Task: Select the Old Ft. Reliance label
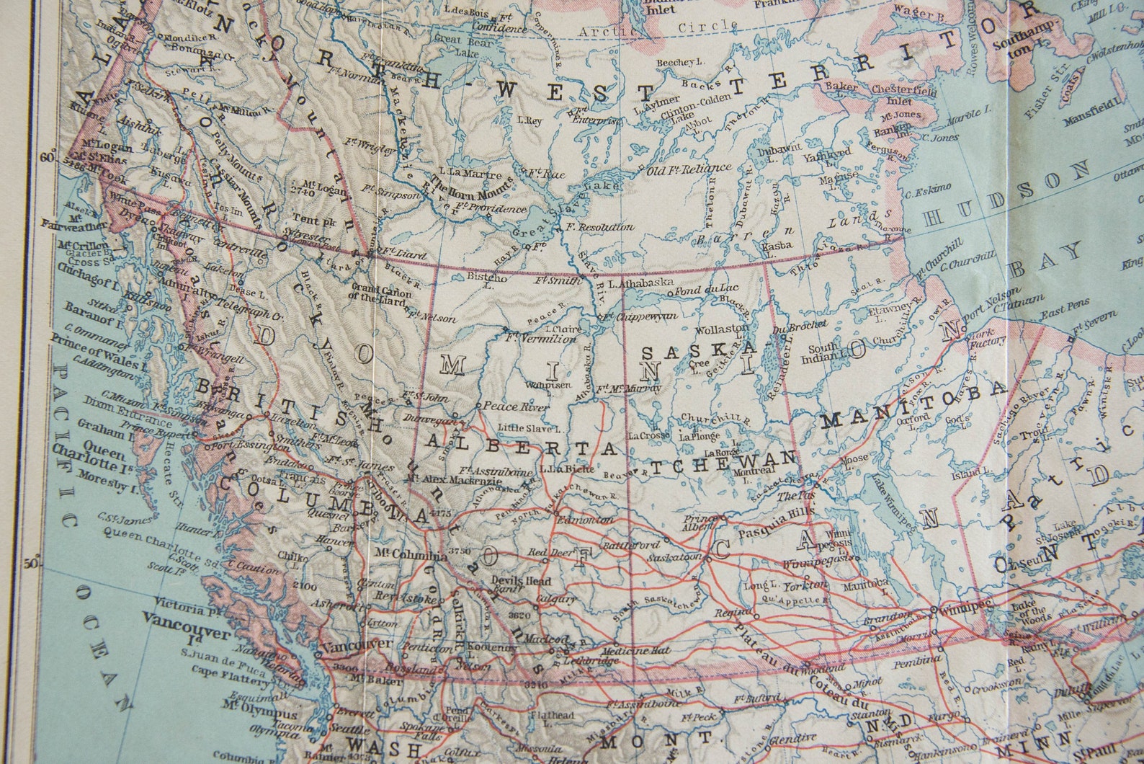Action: (689, 170)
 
